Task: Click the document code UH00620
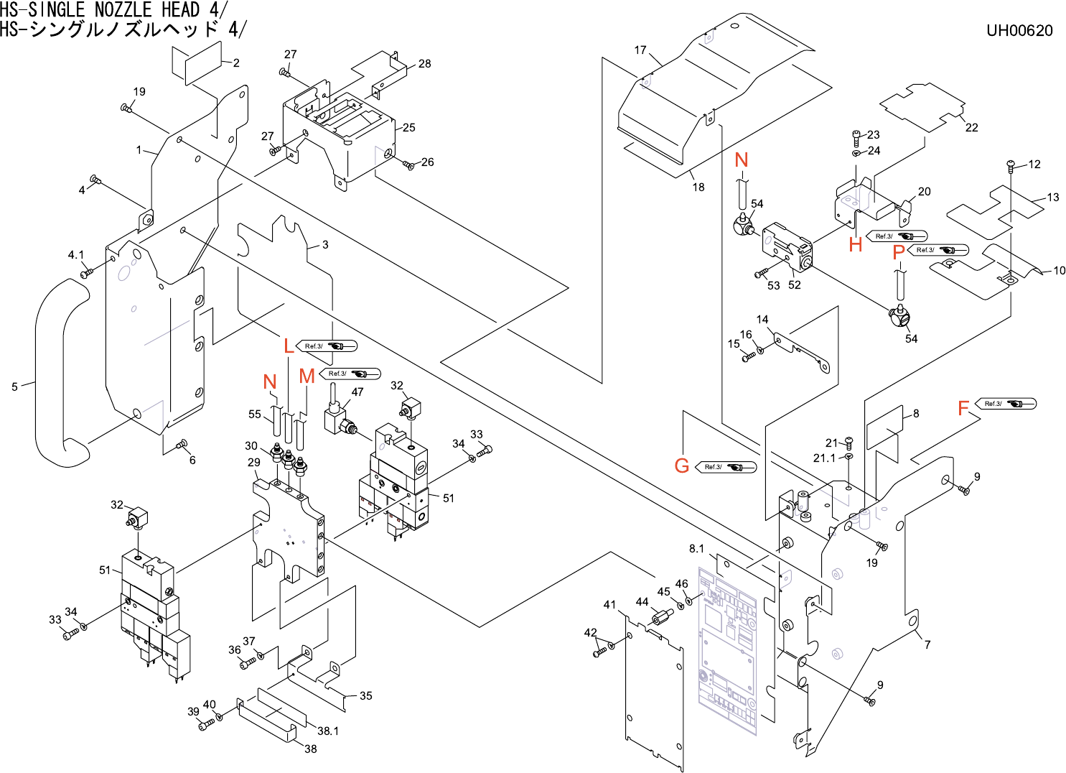(1019, 30)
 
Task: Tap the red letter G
(682, 466)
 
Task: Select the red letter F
(963, 408)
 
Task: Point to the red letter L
(289, 346)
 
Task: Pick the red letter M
(307, 376)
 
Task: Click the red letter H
(856, 245)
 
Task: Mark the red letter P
(899, 252)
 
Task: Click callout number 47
(357, 392)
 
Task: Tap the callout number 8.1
(697, 549)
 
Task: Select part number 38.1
(328, 731)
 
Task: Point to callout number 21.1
(824, 458)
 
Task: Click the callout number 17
(640, 50)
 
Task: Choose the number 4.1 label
(75, 255)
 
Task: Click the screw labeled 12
(1011, 165)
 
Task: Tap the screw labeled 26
(408, 165)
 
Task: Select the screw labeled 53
(761, 273)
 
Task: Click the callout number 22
(972, 128)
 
